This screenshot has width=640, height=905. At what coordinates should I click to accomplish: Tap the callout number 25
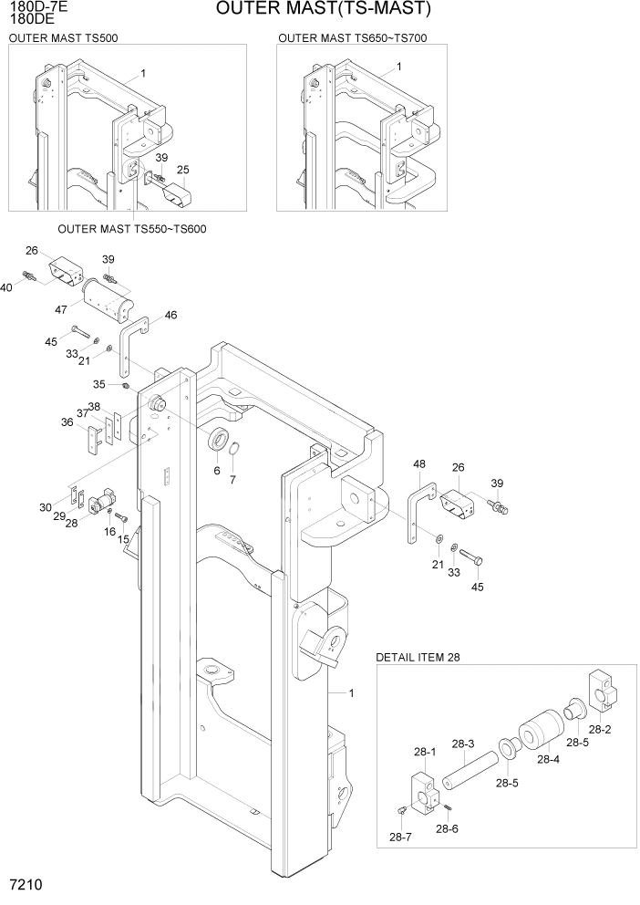pos(182,171)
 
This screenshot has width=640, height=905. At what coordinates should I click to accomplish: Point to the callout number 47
pos(61,310)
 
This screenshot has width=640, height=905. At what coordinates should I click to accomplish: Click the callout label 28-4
pos(547,759)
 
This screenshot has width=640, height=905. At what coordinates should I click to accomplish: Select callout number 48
pos(419,464)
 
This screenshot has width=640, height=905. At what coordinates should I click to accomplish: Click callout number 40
pos(7,287)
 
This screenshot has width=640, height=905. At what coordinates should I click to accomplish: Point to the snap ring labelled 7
pos(234,451)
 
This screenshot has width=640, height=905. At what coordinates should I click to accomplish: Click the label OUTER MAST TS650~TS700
pos(352,38)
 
